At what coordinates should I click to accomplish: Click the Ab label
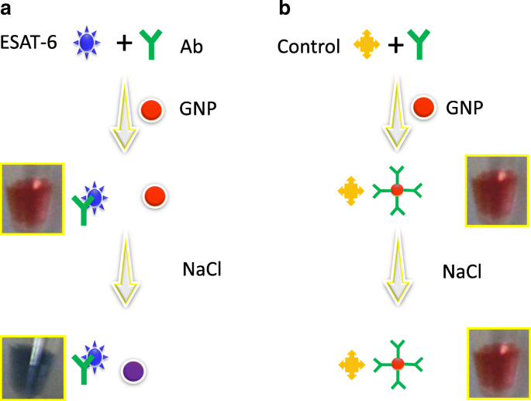(x=192, y=46)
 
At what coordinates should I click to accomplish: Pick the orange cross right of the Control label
(x=365, y=46)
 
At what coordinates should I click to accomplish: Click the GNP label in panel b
(x=464, y=108)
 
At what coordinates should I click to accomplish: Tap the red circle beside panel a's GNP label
(x=150, y=109)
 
